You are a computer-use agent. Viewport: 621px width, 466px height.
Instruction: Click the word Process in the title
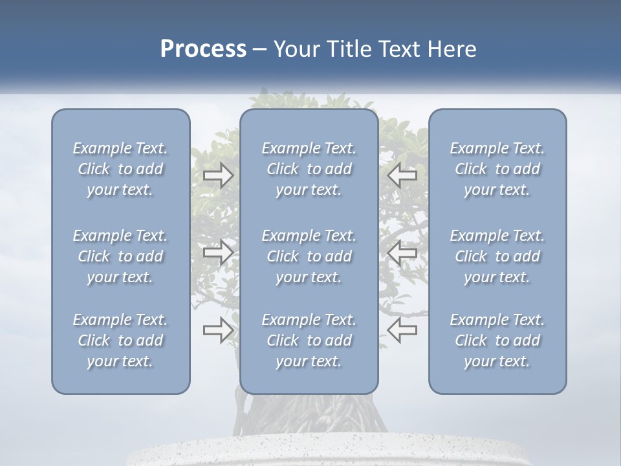pyautogui.click(x=203, y=49)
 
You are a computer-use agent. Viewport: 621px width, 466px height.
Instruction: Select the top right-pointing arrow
pyautogui.click(x=218, y=175)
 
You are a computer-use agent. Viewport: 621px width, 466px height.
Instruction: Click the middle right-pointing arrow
pyautogui.click(x=218, y=252)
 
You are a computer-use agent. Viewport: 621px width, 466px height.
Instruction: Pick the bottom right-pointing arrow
pyautogui.click(x=218, y=330)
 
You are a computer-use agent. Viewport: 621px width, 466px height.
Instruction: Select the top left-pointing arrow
pyautogui.click(x=402, y=175)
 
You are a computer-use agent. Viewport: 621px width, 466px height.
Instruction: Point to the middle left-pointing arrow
pyautogui.click(x=402, y=252)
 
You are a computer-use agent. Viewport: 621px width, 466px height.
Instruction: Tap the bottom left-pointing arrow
pyautogui.click(x=402, y=330)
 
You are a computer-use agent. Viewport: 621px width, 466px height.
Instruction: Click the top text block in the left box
pyautogui.click(x=120, y=169)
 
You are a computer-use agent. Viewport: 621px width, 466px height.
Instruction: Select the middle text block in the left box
pyautogui.click(x=120, y=256)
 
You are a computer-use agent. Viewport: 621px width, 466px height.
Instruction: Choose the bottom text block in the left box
pyautogui.click(x=120, y=340)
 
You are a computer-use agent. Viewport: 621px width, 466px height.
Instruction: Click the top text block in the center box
pyautogui.click(x=309, y=169)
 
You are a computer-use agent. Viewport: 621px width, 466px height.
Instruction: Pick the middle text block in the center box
pyautogui.click(x=309, y=256)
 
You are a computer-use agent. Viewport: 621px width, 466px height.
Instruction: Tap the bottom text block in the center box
pyautogui.click(x=309, y=340)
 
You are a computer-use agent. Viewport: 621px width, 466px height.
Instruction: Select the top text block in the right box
pyautogui.click(x=497, y=169)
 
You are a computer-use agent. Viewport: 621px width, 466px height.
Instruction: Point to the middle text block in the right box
pyautogui.click(x=497, y=256)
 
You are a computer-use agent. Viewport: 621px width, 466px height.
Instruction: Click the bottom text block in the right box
pyautogui.click(x=497, y=340)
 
